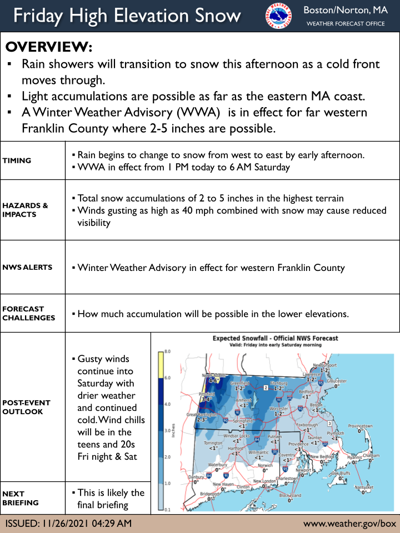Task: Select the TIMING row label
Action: coord(17,160)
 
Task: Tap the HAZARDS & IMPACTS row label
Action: coord(25,210)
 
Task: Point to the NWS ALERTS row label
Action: coord(27,267)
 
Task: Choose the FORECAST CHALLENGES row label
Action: coord(28,313)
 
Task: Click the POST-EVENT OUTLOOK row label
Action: coord(26,407)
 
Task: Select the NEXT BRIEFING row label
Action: coord(21,498)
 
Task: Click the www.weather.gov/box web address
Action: coord(349,523)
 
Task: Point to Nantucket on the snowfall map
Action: coord(364,487)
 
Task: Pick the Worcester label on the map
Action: coord(280,409)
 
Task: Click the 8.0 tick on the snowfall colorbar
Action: coord(167,352)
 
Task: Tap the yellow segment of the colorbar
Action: coord(161,365)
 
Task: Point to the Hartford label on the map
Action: coord(237,447)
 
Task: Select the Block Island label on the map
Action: coord(290,495)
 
